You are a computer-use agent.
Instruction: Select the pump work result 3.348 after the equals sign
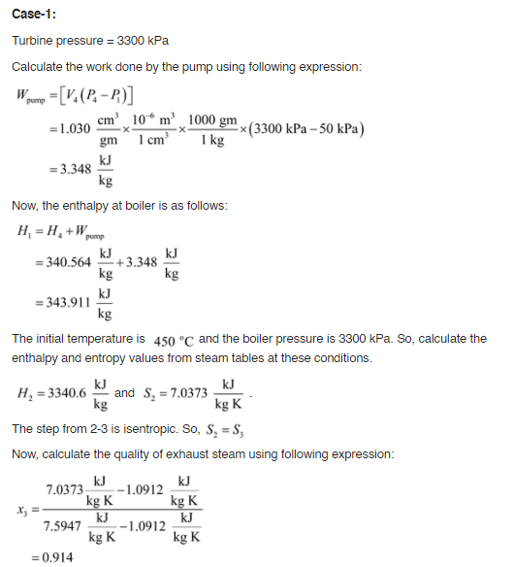coord(73,168)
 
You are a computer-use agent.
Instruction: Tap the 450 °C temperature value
coord(176,341)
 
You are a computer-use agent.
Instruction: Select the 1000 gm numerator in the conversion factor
coord(213,120)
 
